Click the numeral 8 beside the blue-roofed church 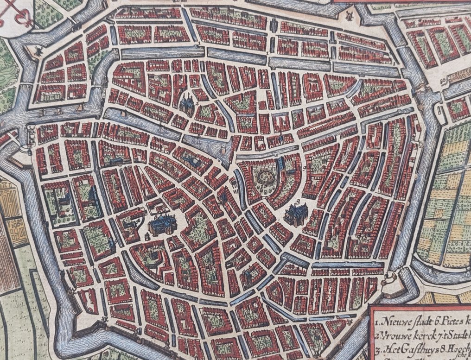(147, 236)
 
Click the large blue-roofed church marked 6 (296, 215)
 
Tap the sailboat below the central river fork (223, 151)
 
